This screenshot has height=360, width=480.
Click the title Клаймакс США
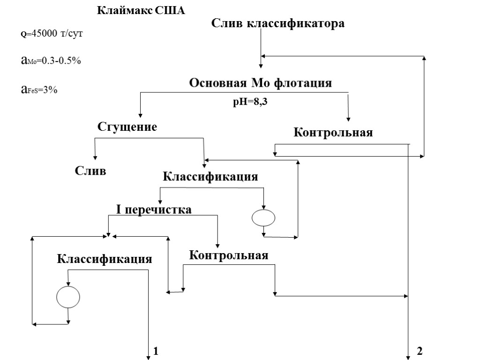(x=141, y=10)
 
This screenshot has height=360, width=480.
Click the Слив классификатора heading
(x=278, y=23)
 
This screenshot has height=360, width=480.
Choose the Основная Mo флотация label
(x=260, y=83)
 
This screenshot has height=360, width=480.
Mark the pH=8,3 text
(x=250, y=102)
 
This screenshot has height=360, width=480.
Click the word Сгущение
(x=127, y=127)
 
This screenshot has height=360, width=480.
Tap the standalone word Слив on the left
(x=91, y=171)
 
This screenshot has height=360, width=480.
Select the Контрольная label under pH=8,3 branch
(x=333, y=133)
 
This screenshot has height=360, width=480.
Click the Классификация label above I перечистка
(x=210, y=177)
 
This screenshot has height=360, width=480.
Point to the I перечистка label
(x=154, y=210)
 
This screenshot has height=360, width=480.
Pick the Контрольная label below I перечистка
(x=229, y=255)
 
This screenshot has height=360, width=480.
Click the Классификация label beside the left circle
(x=105, y=259)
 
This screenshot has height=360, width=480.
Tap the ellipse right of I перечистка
(x=263, y=218)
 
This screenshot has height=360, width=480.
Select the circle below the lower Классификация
(x=68, y=297)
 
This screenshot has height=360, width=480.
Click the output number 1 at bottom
(x=156, y=351)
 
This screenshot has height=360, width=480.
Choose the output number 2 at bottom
(x=420, y=351)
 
